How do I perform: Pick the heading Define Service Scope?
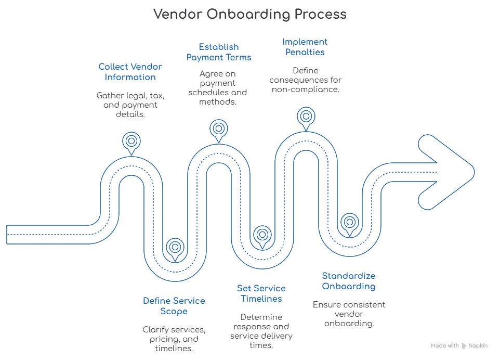coord(174,305)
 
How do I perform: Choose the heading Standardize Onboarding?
coord(349,280)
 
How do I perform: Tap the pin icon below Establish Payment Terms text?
coord(218,127)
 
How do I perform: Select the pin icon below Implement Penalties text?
coord(305,115)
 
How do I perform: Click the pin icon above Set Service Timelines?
coord(261,235)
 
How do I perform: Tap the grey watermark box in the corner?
coord(459,345)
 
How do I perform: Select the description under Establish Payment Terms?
coord(218,86)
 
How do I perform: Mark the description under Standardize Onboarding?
coord(349,313)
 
